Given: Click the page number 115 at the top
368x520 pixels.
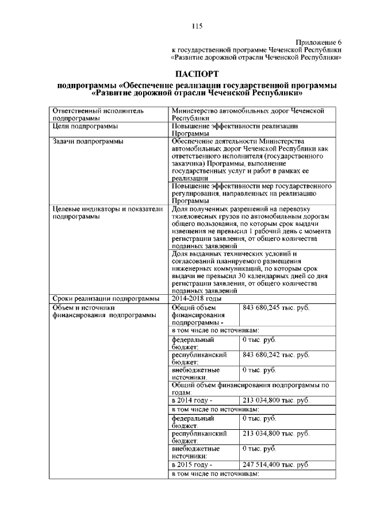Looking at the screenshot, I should [x=197, y=26].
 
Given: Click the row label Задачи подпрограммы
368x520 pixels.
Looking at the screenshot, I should [x=87, y=140].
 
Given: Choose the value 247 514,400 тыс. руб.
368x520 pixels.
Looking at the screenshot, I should [x=275, y=464].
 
